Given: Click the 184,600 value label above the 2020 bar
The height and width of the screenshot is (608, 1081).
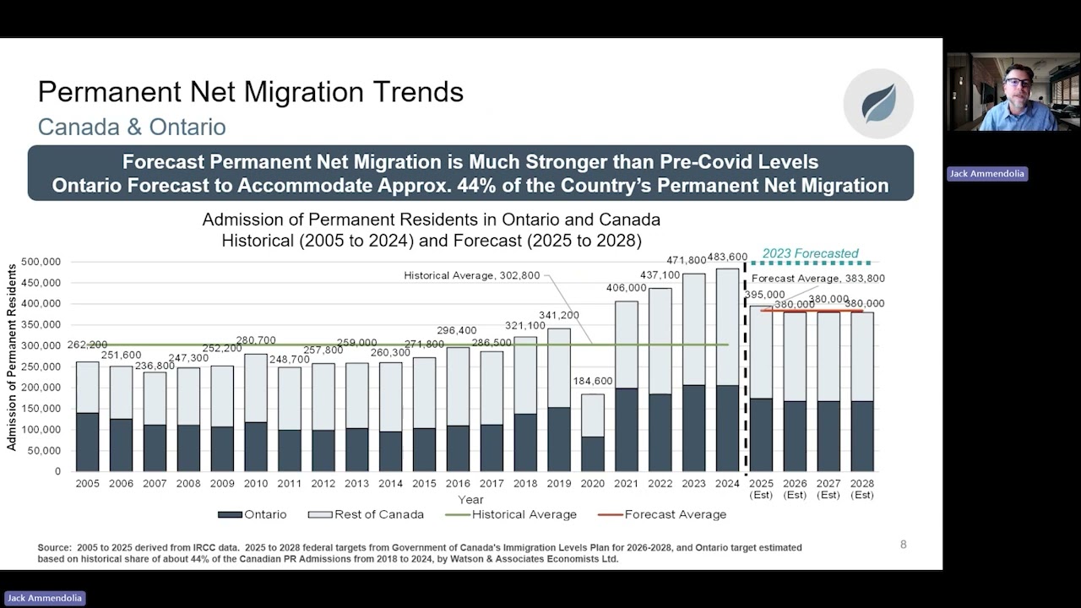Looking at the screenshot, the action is [x=593, y=381].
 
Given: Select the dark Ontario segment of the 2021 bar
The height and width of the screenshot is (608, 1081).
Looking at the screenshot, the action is [x=626, y=430].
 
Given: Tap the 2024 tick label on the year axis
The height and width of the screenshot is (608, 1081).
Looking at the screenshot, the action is [x=727, y=484].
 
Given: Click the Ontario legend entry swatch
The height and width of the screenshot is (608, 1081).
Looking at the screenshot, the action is [x=230, y=515].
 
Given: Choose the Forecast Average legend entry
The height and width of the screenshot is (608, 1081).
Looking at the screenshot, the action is [x=662, y=514].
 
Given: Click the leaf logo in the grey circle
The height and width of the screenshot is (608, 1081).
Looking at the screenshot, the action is [x=879, y=103].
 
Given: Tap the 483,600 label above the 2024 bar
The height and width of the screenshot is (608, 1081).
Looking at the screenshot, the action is [x=727, y=258].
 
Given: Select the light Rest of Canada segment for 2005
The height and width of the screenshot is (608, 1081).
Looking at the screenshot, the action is [x=87, y=388].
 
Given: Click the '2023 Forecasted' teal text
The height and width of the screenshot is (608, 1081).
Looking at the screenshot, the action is [x=810, y=253].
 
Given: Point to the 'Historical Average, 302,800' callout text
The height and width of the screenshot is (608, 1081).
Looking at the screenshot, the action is [x=471, y=275].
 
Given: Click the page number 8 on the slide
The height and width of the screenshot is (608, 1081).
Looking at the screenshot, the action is [x=904, y=545].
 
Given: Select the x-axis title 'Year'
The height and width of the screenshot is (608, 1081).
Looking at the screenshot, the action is [x=470, y=499].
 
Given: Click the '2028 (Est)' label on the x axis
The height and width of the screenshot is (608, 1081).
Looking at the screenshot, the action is [x=862, y=489].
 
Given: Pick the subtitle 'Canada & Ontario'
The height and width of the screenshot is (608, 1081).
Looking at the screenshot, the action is [x=132, y=127].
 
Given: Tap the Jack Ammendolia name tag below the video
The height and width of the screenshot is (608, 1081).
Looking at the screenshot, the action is [x=987, y=174].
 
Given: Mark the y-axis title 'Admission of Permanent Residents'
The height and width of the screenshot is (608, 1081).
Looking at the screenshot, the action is [x=11, y=357].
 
